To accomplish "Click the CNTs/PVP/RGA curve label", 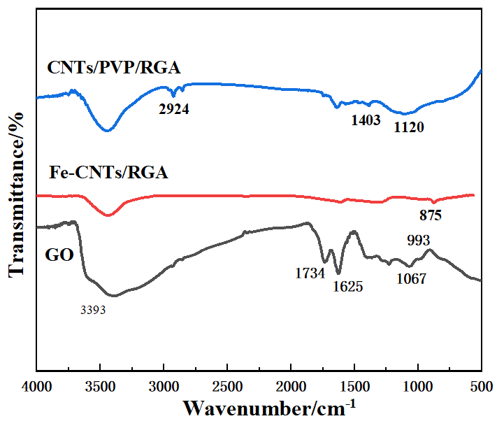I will point(114,68).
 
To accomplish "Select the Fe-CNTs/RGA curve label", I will point(108,172).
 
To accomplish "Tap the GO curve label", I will point(59,254).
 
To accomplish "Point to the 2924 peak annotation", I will point(174,110).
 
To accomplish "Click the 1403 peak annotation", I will point(366,120).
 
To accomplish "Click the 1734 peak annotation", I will point(310,273).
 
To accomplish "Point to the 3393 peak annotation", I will point(93,309).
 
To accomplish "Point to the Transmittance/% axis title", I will point(16,194).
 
